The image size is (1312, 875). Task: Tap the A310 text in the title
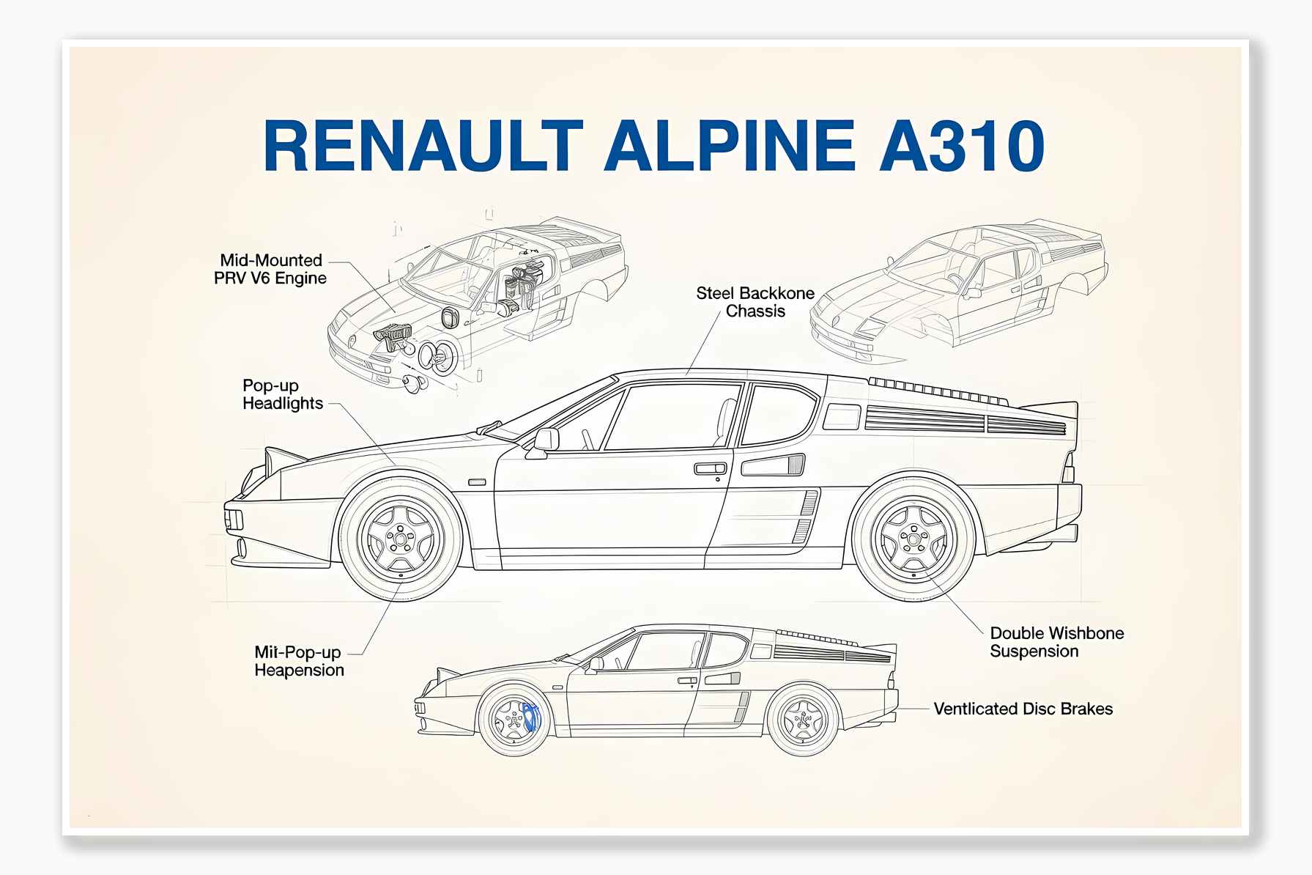[x=961, y=146]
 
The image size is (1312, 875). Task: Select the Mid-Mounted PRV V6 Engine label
[x=270, y=269]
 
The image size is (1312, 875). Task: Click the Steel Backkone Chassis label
[x=755, y=302]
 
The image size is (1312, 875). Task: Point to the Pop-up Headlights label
[x=282, y=394]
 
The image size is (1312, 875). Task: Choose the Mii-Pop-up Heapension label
[x=298, y=661]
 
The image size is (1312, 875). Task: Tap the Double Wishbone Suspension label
[x=1056, y=642]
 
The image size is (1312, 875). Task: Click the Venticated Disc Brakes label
[x=1023, y=709]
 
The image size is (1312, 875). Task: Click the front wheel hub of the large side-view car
[x=401, y=540]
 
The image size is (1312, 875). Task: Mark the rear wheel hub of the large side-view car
[x=913, y=540]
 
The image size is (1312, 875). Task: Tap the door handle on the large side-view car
[x=709, y=469]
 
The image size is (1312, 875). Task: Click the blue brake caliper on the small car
[x=530, y=717]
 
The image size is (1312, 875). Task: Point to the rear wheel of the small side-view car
[x=803, y=721]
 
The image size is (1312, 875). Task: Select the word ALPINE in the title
[x=730, y=146]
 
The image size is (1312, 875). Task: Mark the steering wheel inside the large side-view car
[x=587, y=439]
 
